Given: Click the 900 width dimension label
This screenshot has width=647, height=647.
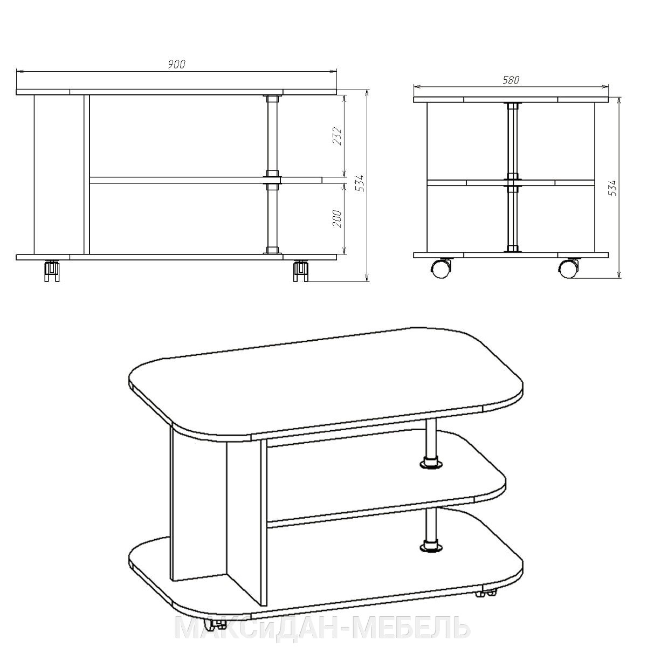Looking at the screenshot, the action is click(177, 64).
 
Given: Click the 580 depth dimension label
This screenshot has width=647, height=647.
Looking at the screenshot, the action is click(511, 80).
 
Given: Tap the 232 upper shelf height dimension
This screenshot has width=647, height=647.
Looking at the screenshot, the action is click(337, 136).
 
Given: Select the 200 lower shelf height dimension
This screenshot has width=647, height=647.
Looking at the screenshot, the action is click(337, 218).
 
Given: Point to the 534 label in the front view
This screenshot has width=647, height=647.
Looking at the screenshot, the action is click(360, 183).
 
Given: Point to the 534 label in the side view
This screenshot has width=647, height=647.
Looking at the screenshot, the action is click(613, 188).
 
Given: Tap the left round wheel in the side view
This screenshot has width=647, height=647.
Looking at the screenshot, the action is click(440, 269).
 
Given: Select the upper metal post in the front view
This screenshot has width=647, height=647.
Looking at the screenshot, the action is click(272, 136).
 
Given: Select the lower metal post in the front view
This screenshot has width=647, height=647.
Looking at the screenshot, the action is click(272, 218).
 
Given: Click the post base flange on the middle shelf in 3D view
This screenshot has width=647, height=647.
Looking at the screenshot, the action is click(431, 464).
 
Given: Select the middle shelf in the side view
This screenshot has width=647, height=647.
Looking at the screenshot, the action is click(511, 183).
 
